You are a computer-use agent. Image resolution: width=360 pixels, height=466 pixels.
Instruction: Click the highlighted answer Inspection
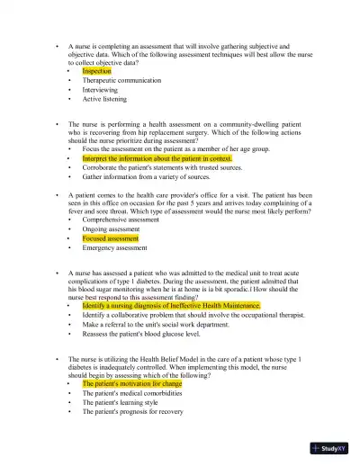click(96, 70)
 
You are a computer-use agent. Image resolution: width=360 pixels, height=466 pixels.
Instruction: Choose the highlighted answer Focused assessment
click(111, 238)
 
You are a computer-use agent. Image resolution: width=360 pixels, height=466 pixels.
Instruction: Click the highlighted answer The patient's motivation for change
click(131, 383)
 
